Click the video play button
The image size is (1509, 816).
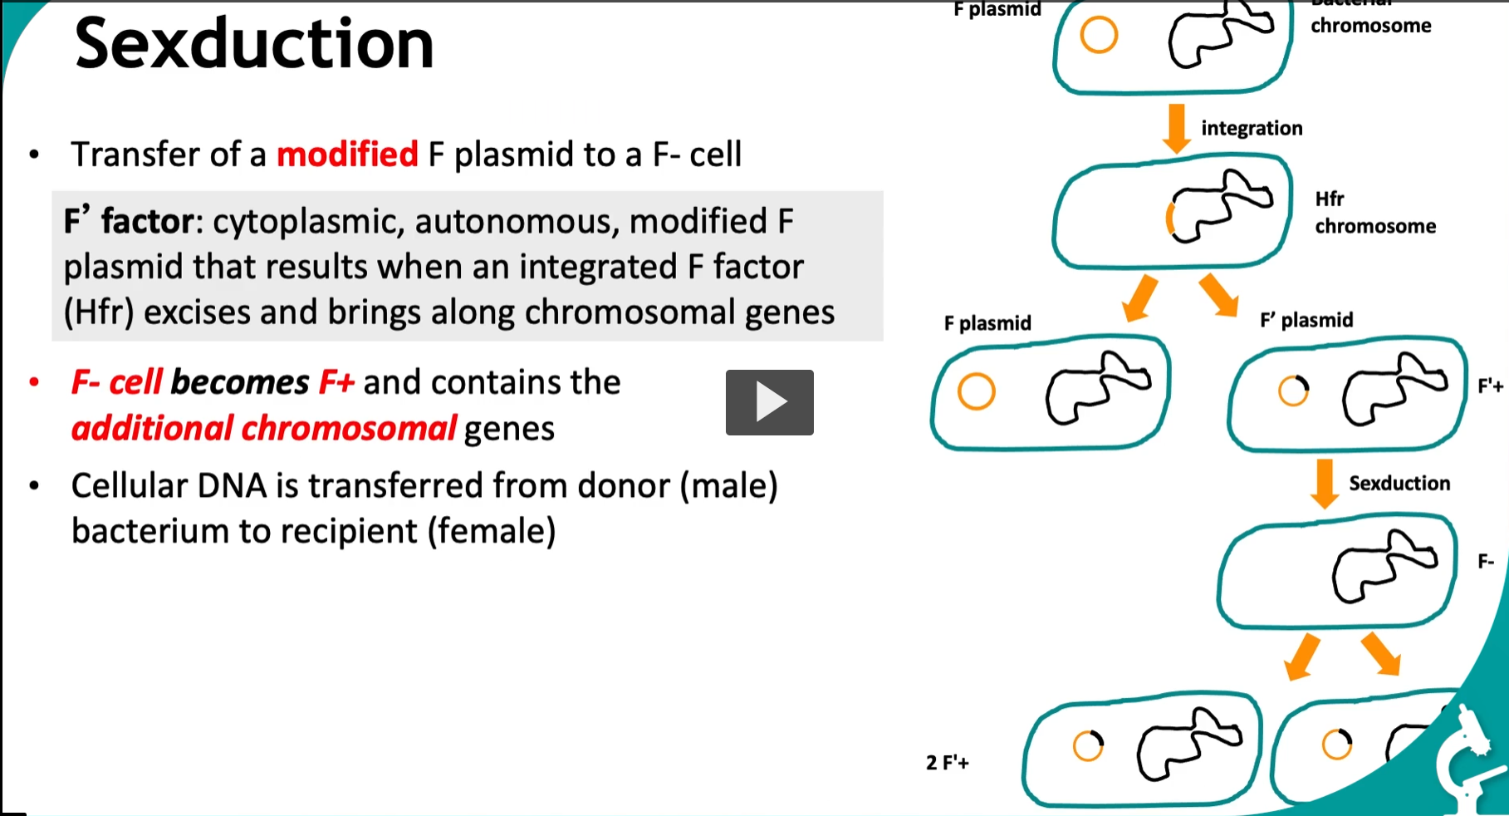(x=769, y=402)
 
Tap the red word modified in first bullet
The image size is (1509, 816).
(x=347, y=155)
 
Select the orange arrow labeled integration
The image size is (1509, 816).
(x=1176, y=127)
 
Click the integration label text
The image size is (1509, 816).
(x=1252, y=128)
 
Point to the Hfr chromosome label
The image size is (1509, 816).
(x=1374, y=213)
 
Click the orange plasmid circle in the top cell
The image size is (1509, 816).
(x=1099, y=36)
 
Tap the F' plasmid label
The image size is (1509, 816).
(x=1306, y=320)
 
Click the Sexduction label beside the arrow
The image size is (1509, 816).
(x=1399, y=483)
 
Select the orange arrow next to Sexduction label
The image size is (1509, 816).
(x=1325, y=483)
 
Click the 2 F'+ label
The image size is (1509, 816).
(x=948, y=762)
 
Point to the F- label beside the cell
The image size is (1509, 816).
(x=1486, y=563)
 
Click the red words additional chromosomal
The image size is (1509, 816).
(x=263, y=429)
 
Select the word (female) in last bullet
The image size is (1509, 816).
(x=492, y=531)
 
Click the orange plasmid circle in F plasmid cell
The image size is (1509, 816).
(x=976, y=391)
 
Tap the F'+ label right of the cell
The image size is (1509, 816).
(x=1490, y=386)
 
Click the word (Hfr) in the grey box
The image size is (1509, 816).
(x=99, y=312)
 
